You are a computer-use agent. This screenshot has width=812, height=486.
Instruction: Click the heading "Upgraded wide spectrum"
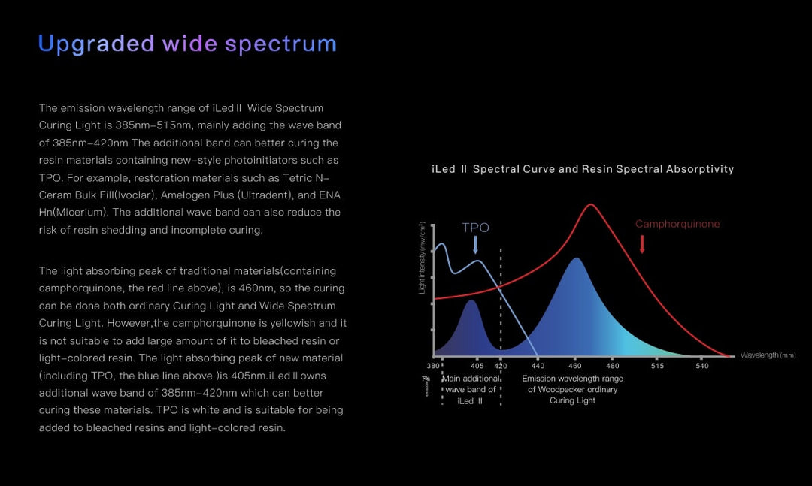[x=187, y=44]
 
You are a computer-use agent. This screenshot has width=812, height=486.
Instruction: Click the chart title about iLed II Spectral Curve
[x=583, y=169]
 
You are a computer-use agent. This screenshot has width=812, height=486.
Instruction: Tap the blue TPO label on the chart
[x=475, y=228]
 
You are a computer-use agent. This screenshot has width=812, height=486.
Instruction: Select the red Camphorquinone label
[x=677, y=224]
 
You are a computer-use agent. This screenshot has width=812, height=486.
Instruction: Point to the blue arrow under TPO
[x=476, y=245]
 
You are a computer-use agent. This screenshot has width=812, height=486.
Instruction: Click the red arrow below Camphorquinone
[x=642, y=243]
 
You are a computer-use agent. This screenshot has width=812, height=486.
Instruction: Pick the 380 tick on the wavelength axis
[x=433, y=366]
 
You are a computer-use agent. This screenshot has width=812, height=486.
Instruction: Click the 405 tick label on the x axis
[x=477, y=366]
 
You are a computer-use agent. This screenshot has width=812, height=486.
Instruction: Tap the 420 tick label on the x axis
[x=501, y=366]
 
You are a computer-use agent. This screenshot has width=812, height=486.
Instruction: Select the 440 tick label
[x=538, y=366]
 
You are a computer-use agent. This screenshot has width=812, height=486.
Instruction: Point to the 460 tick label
[x=576, y=366]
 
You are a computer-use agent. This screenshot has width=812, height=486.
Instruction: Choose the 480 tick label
[x=613, y=366]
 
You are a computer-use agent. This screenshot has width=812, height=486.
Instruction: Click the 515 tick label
[x=657, y=366]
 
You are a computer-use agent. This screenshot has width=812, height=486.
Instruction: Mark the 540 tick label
[x=701, y=366]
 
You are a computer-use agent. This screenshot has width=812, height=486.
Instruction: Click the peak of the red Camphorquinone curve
[x=592, y=204]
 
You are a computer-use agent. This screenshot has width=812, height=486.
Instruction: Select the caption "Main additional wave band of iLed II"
[x=471, y=389]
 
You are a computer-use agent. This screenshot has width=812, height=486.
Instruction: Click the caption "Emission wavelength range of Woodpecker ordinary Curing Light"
[x=572, y=389]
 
